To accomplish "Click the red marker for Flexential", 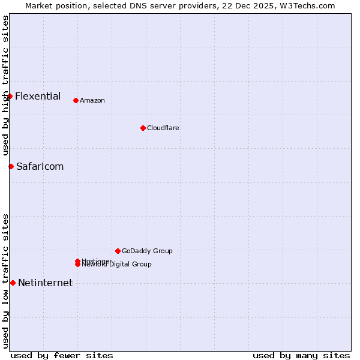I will click(x=10, y=96).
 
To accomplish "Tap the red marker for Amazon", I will click(x=76, y=100).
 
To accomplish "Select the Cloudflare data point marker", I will click(x=143, y=128).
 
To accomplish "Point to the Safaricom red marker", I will click(x=11, y=166).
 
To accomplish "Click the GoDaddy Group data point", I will click(x=118, y=251).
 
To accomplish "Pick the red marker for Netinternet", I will click(x=13, y=283).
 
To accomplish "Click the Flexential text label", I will click(x=38, y=96).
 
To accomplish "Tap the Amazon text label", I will click(x=92, y=100).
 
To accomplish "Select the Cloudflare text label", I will click(x=163, y=128).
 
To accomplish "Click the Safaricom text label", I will click(x=40, y=166).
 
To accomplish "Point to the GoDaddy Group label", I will click(x=147, y=251).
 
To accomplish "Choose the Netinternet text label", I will click(x=45, y=283).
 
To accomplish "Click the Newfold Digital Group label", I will click(x=117, y=265).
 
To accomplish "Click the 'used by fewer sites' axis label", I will click(x=62, y=355).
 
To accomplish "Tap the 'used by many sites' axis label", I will click(x=301, y=355).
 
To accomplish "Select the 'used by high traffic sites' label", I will click(x=5, y=85).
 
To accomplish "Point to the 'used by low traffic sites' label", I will click(x=5, y=281).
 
